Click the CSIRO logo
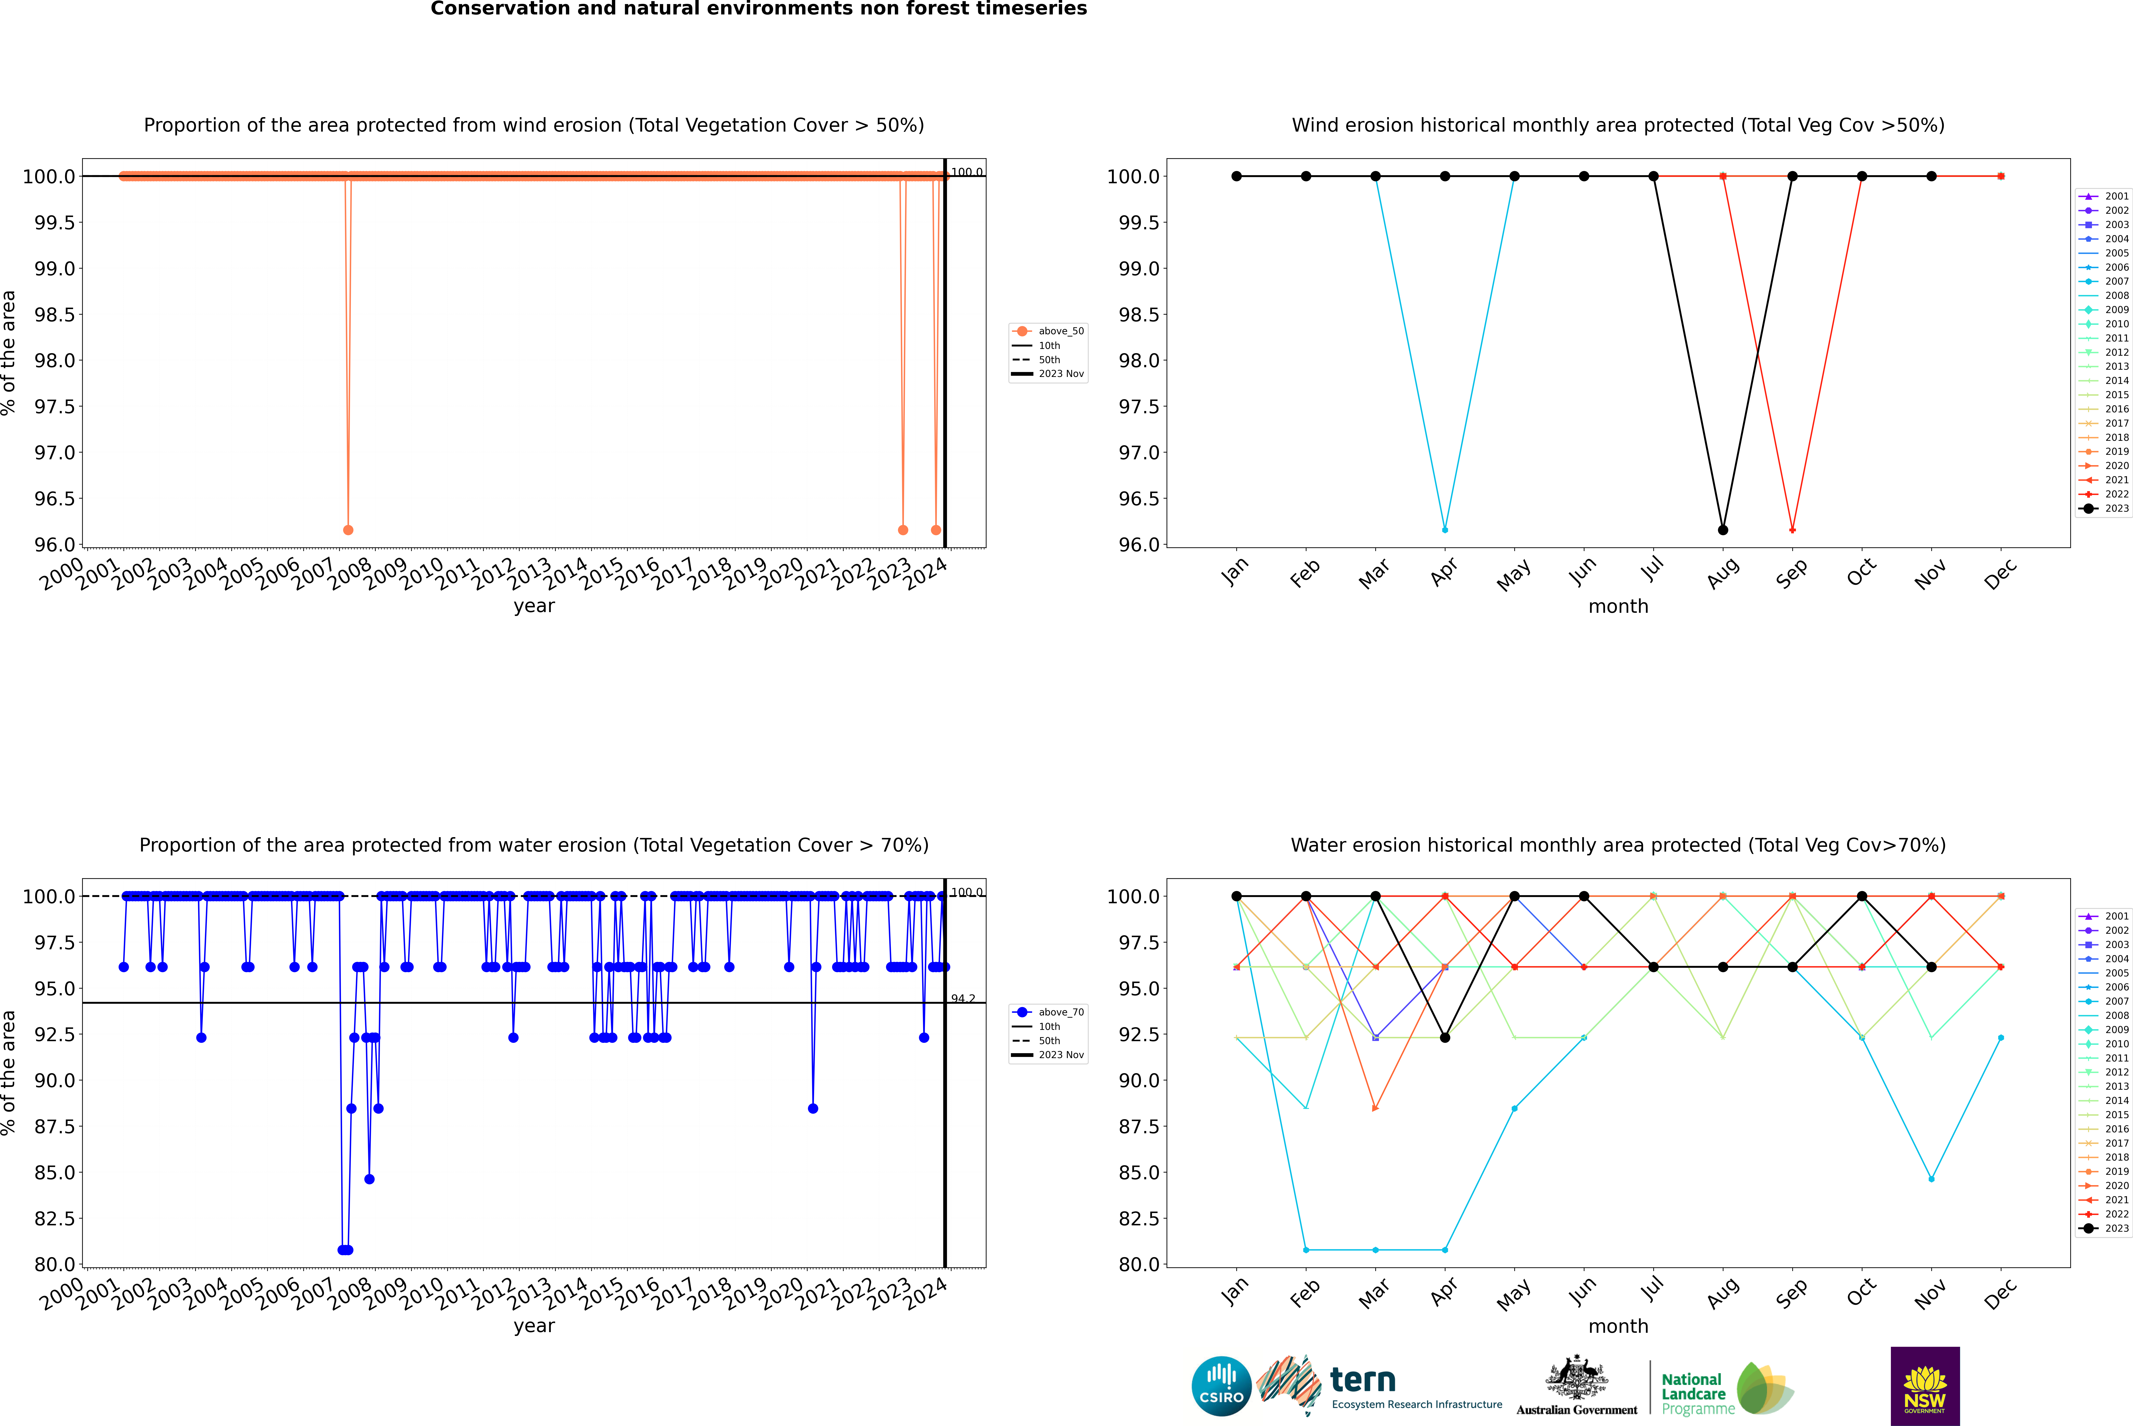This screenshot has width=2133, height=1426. click(1221, 1386)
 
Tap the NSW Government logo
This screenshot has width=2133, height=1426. click(1925, 1386)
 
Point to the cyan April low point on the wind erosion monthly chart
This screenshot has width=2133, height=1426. click(1445, 529)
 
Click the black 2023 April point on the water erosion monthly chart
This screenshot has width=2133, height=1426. click(1445, 1038)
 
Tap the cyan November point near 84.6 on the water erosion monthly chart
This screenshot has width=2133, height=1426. click(1931, 1179)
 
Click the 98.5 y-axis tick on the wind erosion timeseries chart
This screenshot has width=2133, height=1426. click(55, 315)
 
